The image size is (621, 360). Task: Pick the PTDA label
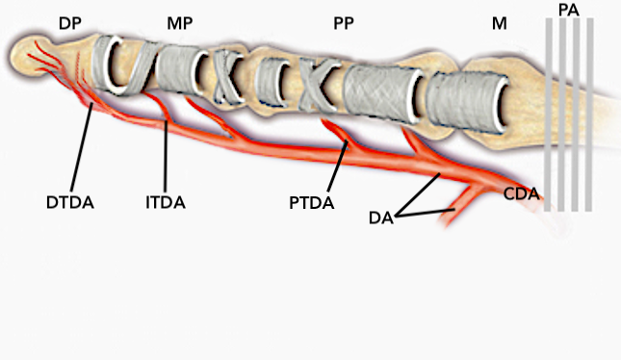[x=312, y=202]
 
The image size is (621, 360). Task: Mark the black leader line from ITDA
[x=166, y=155]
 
